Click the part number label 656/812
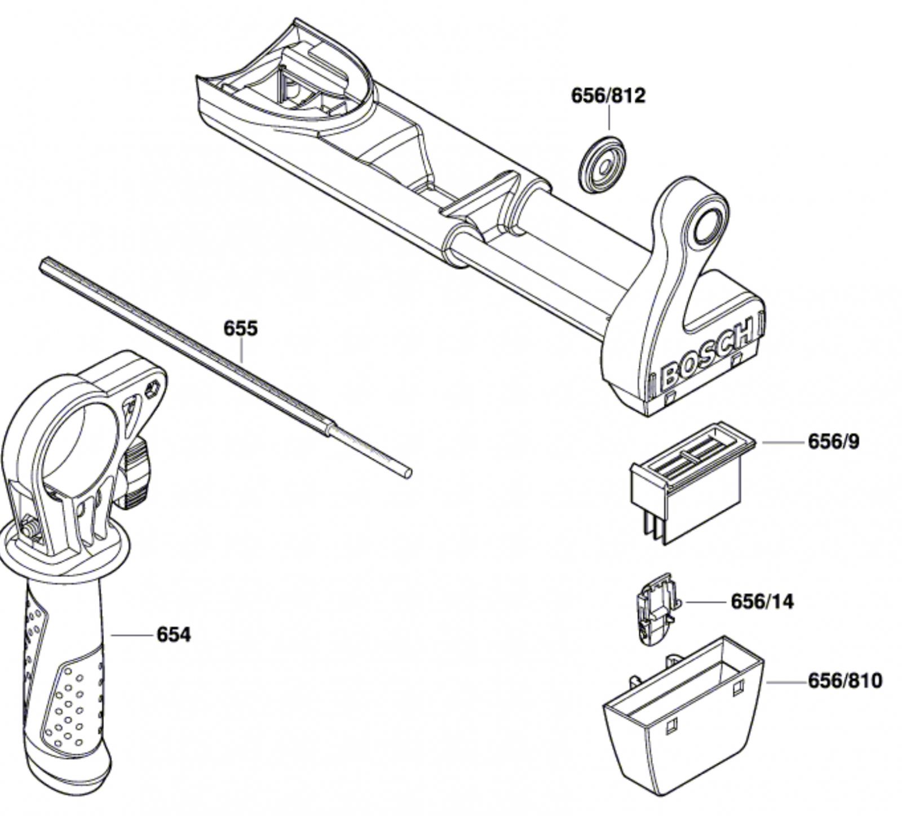coord(608,95)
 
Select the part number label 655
coord(240,328)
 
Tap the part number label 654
coord(174,635)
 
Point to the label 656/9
coord(834,442)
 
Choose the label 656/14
coord(762,601)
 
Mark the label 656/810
coord(845,681)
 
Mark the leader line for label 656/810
coord(786,682)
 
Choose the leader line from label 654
coord(132,635)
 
